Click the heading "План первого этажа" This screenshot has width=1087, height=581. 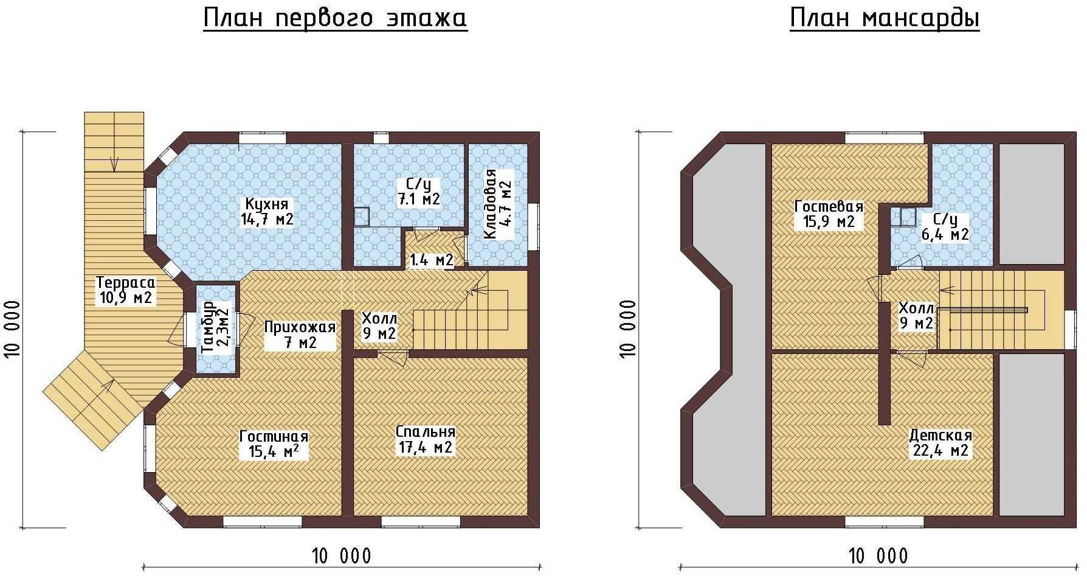click(335, 18)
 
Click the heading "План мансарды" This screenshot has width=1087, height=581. click(885, 18)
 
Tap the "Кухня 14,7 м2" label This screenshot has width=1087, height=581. click(267, 212)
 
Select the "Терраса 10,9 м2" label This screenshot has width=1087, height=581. click(125, 290)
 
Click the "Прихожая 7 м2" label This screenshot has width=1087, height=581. click(300, 335)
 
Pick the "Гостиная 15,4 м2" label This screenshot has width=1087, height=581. click(274, 444)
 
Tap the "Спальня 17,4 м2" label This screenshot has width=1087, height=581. click(426, 439)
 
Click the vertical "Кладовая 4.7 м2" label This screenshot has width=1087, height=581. click(498, 204)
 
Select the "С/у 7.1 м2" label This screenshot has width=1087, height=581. click(419, 192)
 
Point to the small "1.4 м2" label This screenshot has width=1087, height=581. click(432, 260)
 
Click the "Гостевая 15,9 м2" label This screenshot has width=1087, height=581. click(829, 214)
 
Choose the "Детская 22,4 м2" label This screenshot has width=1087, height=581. click(940, 443)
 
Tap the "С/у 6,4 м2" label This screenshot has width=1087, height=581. click(945, 227)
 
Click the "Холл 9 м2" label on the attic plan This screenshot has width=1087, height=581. click(916, 316)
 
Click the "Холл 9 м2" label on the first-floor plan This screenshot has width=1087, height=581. click(379, 326)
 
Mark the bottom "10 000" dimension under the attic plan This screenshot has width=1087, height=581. click(878, 556)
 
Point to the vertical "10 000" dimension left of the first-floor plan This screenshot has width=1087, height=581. click(13, 329)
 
